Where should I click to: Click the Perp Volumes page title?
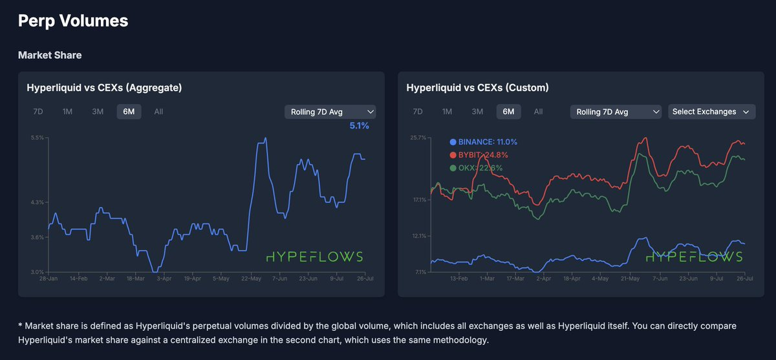click(x=73, y=21)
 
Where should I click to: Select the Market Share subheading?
click(x=50, y=55)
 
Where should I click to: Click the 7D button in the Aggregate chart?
click(x=38, y=112)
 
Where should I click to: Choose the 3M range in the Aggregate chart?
click(x=98, y=112)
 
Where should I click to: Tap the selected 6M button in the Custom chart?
click(x=508, y=112)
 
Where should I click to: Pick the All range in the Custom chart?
click(x=538, y=112)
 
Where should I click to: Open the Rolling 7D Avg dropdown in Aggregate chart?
click(x=330, y=112)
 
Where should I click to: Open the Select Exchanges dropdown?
click(x=711, y=112)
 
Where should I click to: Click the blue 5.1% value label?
click(x=359, y=126)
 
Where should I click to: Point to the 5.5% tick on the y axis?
click(x=38, y=138)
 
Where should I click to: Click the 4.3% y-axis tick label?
click(x=38, y=202)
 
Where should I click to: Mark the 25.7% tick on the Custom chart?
click(x=417, y=138)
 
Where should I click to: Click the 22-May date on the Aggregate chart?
click(x=251, y=279)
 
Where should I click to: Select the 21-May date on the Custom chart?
click(x=630, y=279)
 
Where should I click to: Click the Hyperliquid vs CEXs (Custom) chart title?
click(x=477, y=87)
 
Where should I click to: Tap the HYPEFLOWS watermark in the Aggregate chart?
click(x=315, y=257)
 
